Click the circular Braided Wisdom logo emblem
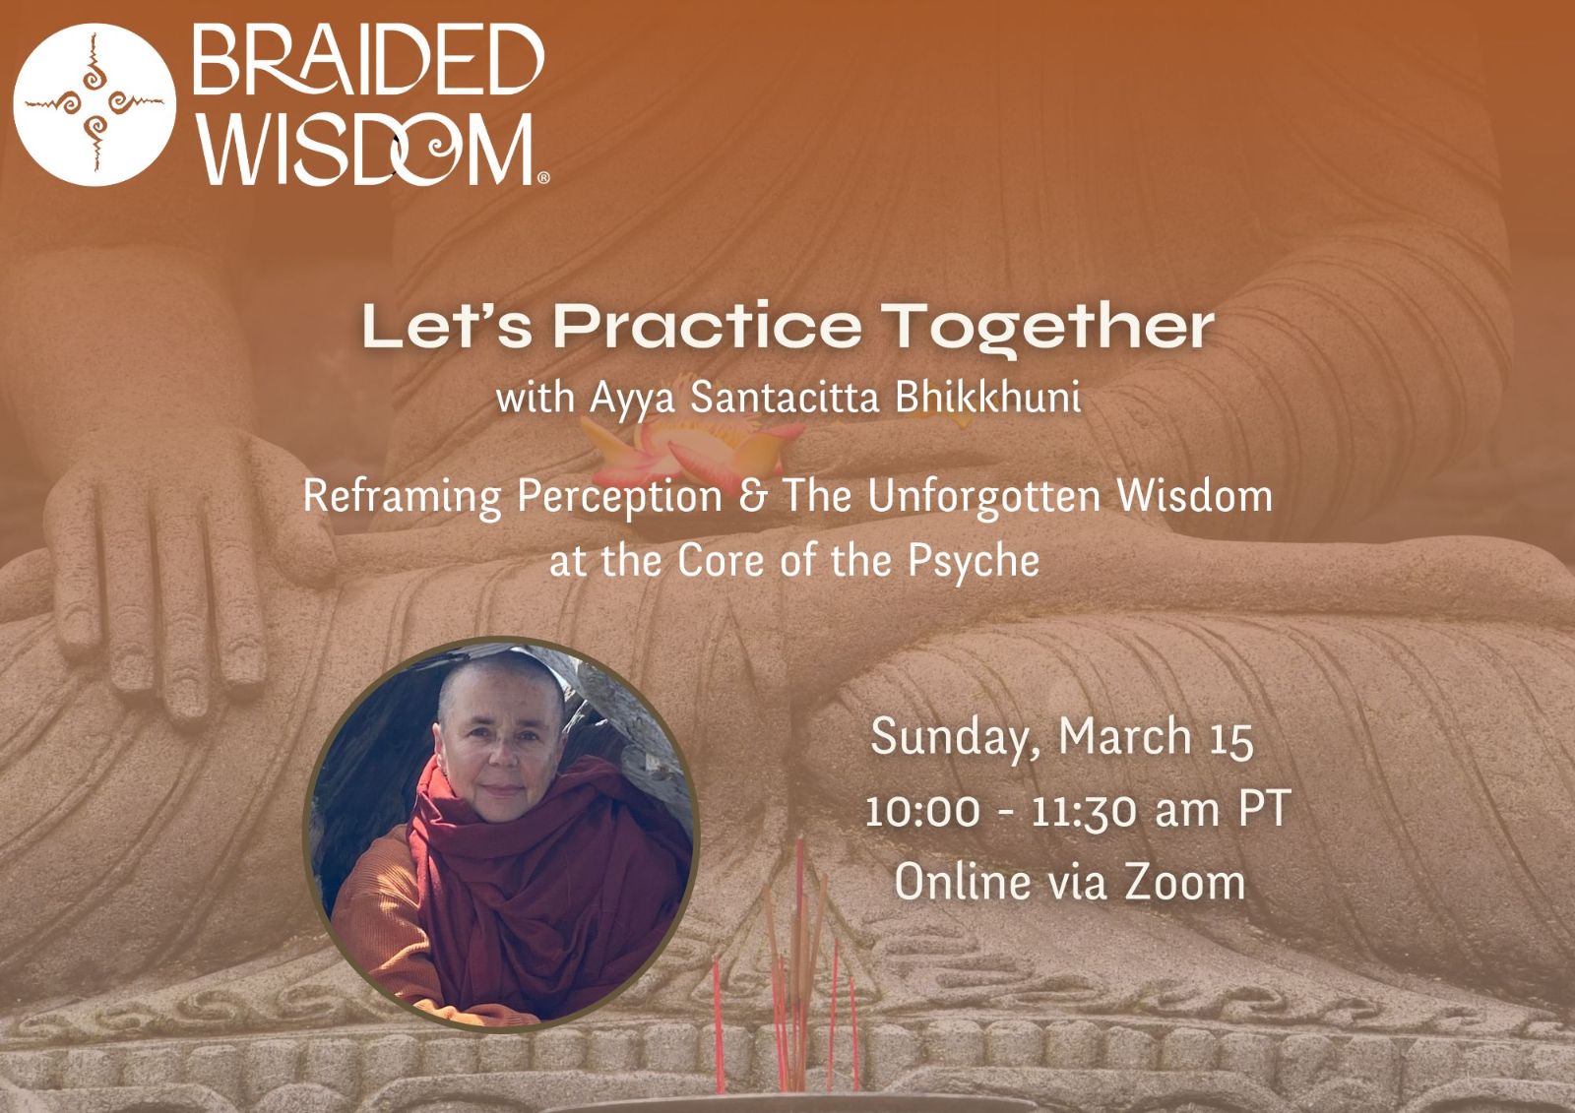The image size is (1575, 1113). pos(94,104)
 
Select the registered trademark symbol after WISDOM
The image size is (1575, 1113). pos(543,178)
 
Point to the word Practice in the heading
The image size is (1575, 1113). pos(708,326)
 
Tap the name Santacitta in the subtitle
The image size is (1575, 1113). pos(784,398)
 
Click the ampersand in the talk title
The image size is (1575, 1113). pos(752,496)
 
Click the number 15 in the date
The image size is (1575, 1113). pos(1231,740)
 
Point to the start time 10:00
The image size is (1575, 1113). pos(921,811)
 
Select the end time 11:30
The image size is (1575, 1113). pos(1084,811)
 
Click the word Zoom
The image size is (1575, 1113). pos(1185,882)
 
